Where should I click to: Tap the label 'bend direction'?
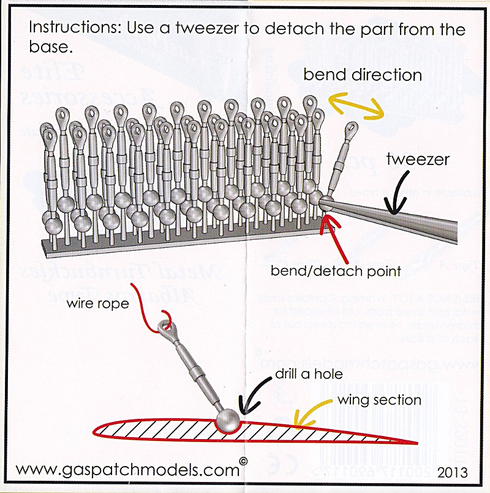pos(363,75)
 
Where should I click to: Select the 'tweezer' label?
pos(418,160)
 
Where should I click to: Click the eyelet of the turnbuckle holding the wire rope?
pos(166,327)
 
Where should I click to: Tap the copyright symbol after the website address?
pos(244,462)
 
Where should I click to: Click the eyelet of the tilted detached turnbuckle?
pos(350,129)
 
